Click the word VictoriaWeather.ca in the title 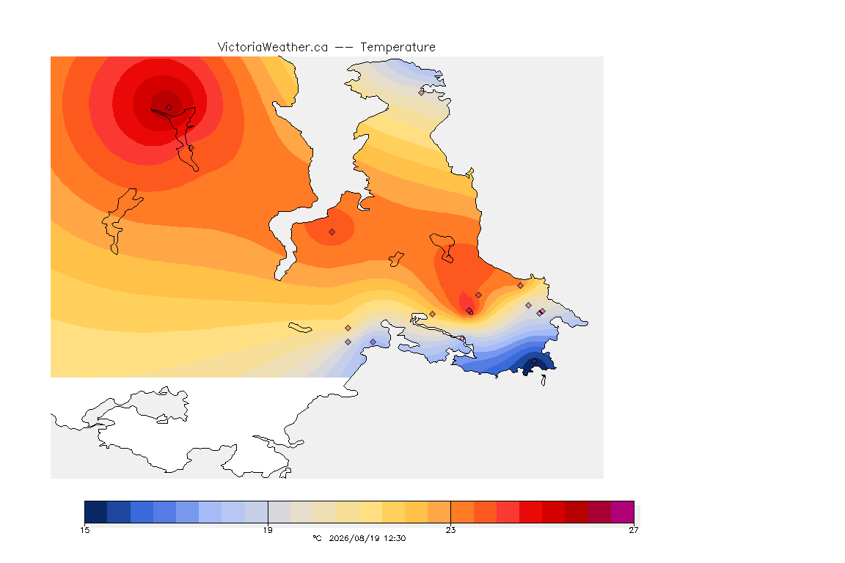[273, 48]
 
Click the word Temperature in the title [398, 48]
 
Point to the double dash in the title [344, 48]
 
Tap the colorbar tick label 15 [84, 530]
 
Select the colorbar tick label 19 [268, 530]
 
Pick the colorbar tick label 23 [450, 530]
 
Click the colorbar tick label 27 [634, 530]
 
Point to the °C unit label [317, 538]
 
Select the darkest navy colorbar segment [96, 512]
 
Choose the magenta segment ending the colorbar [623, 512]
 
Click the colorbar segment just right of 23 [462, 512]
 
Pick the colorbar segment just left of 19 [257, 512]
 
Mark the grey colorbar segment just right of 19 [279, 512]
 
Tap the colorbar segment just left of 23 [439, 512]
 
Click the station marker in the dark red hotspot [169, 108]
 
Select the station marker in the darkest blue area [535, 361]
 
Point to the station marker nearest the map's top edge [422, 92]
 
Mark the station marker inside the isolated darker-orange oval [332, 232]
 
